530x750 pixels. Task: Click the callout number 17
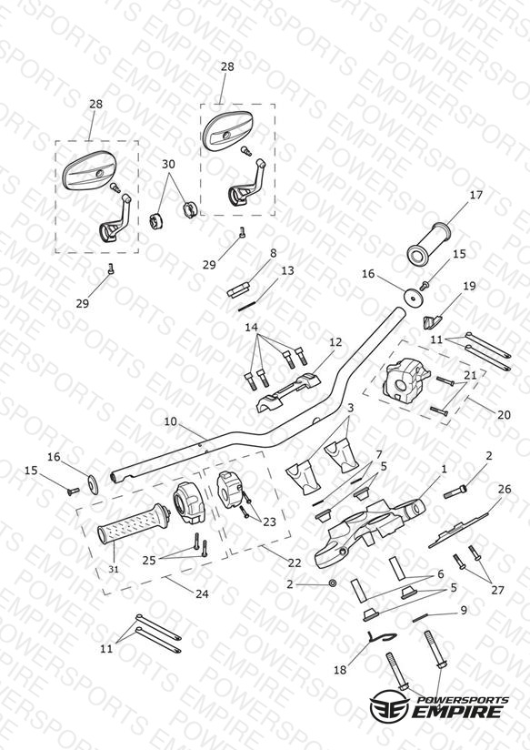point(476,195)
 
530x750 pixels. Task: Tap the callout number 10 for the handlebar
point(171,422)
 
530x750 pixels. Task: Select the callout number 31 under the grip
point(114,569)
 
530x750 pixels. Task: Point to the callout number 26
point(505,490)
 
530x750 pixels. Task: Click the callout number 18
point(340,670)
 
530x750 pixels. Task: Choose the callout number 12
point(336,342)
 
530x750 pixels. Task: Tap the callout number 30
point(168,164)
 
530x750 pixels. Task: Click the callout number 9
point(463,611)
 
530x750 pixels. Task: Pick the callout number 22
point(295,562)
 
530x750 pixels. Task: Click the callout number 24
point(202,593)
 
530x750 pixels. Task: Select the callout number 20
point(504,415)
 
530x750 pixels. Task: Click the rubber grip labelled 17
point(430,244)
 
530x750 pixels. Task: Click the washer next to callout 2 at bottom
point(333,584)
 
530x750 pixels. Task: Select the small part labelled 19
point(431,322)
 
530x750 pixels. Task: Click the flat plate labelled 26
point(458,530)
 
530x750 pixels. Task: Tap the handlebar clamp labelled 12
point(289,393)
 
